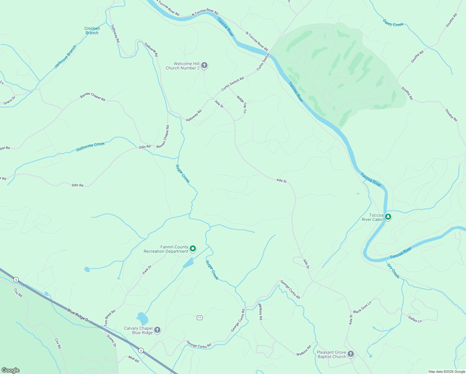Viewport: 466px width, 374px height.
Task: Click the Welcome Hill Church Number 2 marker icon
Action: point(204,65)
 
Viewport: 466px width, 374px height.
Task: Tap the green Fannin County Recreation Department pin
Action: point(193,249)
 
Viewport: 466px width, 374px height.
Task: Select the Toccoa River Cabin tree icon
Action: point(388,217)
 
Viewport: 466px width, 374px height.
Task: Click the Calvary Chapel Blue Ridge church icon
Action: point(157,330)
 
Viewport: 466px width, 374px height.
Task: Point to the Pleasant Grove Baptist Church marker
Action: point(351,354)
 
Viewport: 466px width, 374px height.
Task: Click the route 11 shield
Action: point(200,318)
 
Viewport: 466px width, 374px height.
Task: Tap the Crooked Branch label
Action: point(92,31)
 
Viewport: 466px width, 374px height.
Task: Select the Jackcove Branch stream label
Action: point(65,57)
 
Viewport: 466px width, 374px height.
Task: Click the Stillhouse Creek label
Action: point(90,146)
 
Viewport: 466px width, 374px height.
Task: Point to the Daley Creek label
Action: point(393,23)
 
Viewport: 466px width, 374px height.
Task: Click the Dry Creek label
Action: point(393,271)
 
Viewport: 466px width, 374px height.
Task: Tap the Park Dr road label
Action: point(147,270)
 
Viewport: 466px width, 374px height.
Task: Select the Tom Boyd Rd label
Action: point(110,318)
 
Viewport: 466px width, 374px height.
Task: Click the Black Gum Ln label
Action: point(362,307)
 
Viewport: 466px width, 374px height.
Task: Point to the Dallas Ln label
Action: point(415,319)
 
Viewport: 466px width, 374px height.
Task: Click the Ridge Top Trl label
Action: point(241,104)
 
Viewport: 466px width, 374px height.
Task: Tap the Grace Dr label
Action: point(9,101)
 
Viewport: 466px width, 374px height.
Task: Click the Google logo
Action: point(10,370)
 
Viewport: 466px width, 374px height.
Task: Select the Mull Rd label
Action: point(134,359)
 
